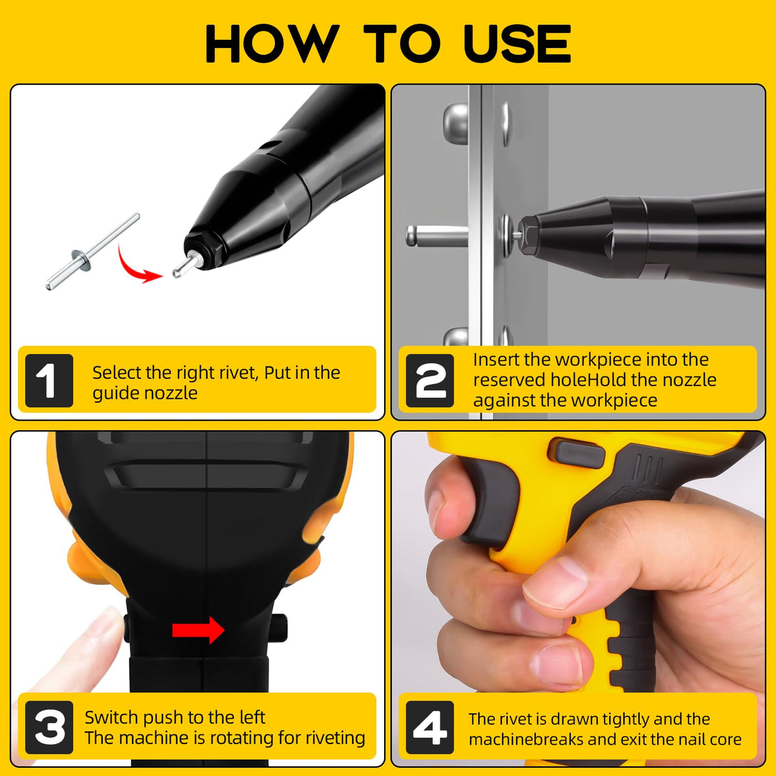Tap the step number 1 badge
click(x=49, y=381)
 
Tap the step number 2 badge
click(x=430, y=381)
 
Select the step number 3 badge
click(x=49, y=727)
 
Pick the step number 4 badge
click(x=430, y=727)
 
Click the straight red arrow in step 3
click(x=198, y=630)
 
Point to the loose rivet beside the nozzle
click(x=91, y=252)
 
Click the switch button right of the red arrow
click(x=279, y=628)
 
